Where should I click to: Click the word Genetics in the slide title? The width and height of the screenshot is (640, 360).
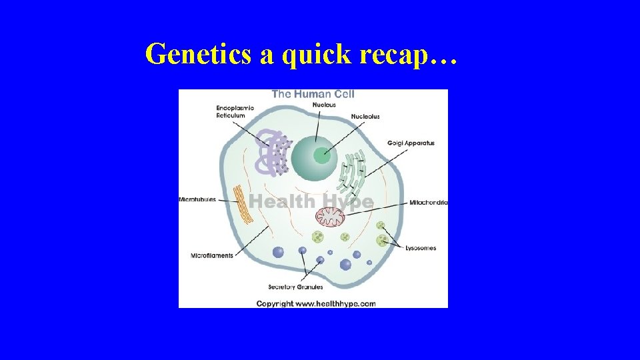pyautogui.click(x=198, y=54)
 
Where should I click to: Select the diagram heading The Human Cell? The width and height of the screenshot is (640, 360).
pyautogui.click(x=313, y=94)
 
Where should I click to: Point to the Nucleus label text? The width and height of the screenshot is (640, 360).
pyautogui.click(x=324, y=105)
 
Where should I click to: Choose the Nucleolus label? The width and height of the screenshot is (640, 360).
pyautogui.click(x=365, y=117)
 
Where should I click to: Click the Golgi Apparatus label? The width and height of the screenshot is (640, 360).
pyautogui.click(x=411, y=143)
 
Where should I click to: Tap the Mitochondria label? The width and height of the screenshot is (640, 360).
pyautogui.click(x=428, y=202)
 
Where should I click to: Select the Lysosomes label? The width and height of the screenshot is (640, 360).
pyautogui.click(x=421, y=248)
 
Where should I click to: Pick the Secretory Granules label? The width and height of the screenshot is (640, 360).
pyautogui.click(x=295, y=287)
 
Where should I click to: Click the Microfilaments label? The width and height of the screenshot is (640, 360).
pyautogui.click(x=212, y=255)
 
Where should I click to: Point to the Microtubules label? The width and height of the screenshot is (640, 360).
pyautogui.click(x=197, y=200)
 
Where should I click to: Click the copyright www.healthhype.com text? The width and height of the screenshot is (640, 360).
pyautogui.click(x=316, y=304)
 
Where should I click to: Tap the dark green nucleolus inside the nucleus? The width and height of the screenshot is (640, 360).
pyautogui.click(x=322, y=157)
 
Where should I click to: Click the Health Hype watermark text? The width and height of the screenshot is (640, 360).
pyautogui.click(x=311, y=201)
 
